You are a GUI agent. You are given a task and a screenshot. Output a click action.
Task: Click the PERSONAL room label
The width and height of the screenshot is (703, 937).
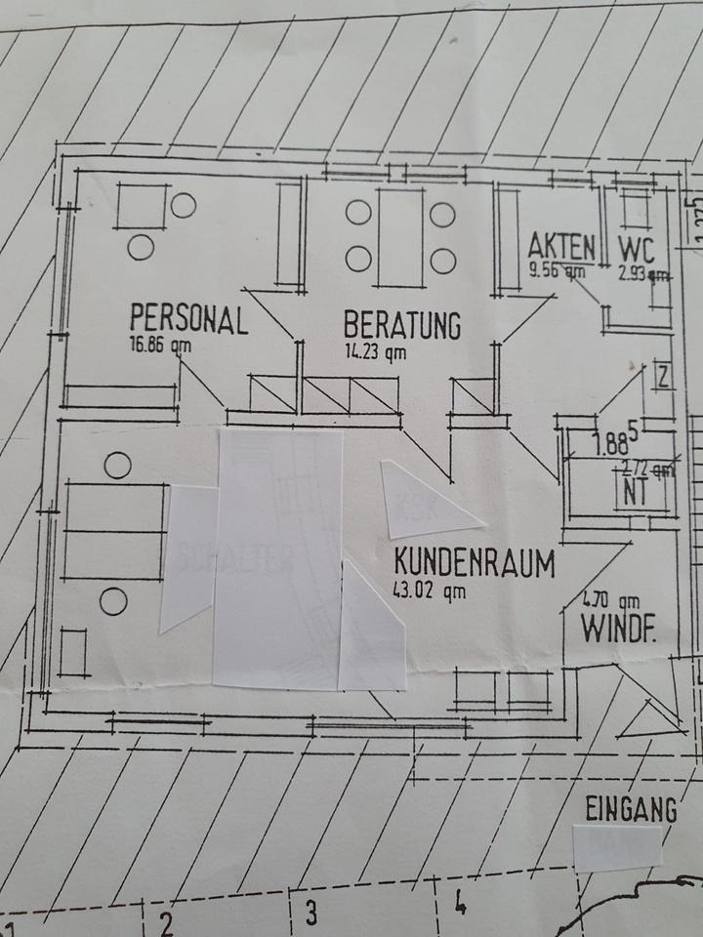click(188, 319)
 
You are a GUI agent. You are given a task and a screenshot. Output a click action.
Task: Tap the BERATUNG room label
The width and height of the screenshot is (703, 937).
click(401, 325)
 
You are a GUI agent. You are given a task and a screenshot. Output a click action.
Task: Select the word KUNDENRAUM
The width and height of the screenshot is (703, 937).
click(475, 563)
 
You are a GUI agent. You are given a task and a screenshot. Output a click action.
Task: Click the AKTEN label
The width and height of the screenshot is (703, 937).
click(561, 245)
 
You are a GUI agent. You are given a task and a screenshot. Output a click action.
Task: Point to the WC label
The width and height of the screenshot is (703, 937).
click(637, 247)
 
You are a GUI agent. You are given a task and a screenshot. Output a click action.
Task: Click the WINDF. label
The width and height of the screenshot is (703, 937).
click(618, 629)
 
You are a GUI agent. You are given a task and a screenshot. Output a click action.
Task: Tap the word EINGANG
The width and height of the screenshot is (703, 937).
click(631, 809)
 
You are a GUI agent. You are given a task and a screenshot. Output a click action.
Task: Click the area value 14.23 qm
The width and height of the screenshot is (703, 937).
click(373, 352)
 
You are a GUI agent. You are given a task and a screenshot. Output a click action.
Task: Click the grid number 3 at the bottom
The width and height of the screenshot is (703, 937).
click(310, 915)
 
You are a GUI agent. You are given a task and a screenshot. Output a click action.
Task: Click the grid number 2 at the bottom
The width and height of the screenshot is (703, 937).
click(166, 922)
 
